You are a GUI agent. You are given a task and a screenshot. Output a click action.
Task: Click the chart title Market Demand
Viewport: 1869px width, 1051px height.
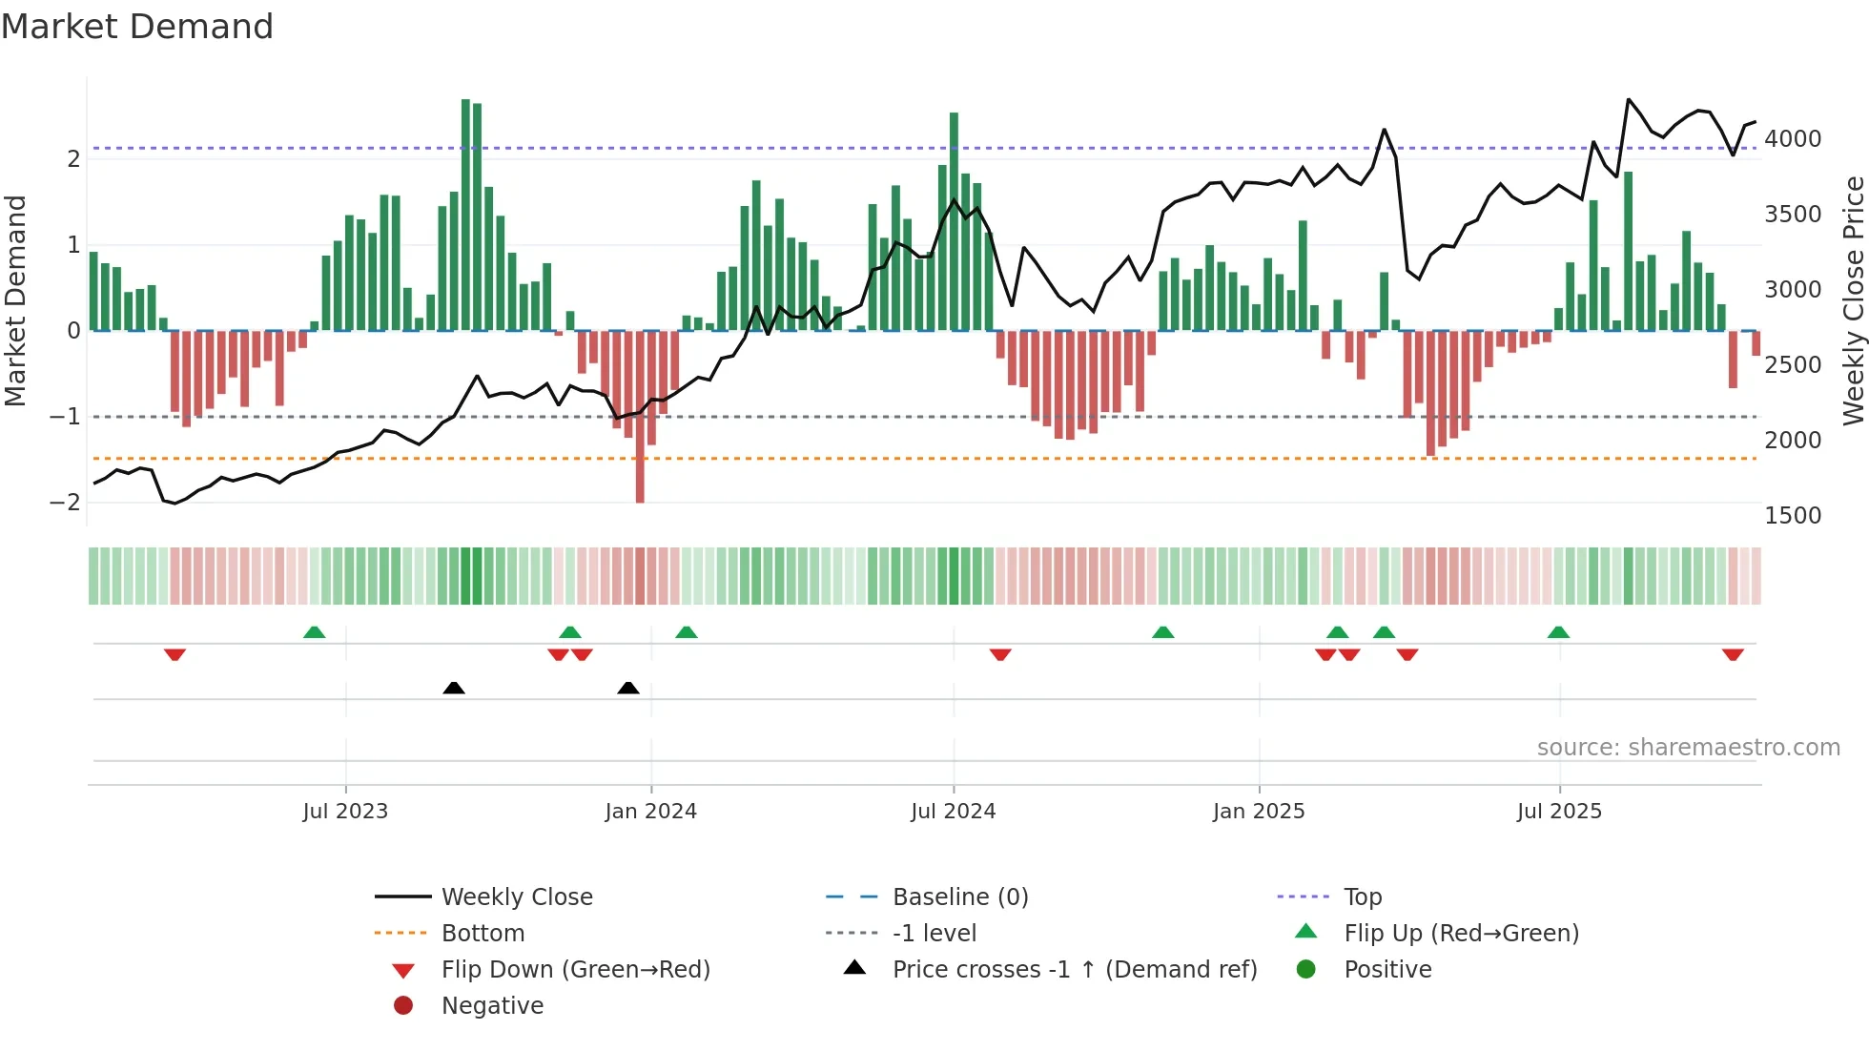[x=137, y=27]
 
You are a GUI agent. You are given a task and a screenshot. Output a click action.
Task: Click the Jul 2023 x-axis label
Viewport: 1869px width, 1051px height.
[x=345, y=812]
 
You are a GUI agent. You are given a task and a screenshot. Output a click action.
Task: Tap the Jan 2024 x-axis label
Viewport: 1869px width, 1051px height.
[x=650, y=812]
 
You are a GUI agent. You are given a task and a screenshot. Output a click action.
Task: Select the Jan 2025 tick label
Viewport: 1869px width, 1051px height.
[x=1259, y=812]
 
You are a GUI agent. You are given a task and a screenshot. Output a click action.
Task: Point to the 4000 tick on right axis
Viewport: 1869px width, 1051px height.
[x=1793, y=139]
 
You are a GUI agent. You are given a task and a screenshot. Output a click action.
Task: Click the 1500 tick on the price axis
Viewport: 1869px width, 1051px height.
[x=1793, y=516]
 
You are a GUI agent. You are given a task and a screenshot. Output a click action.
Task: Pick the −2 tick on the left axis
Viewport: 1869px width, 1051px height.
[x=65, y=503]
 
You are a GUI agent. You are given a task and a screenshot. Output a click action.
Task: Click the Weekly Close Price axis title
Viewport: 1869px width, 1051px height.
[x=1853, y=300]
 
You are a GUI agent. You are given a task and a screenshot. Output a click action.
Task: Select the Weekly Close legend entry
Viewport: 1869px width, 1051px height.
[x=516, y=897]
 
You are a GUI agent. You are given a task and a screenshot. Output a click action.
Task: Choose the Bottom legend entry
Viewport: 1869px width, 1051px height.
[x=483, y=934]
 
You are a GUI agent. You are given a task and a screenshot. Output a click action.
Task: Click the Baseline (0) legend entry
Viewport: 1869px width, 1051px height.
[x=959, y=897]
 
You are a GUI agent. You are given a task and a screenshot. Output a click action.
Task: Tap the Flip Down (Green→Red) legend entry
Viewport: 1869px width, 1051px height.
[x=575, y=970]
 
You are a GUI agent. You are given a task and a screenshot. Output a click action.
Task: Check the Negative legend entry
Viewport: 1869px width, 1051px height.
[x=492, y=1006]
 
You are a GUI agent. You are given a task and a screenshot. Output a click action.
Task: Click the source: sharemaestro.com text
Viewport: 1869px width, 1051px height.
[x=1688, y=748]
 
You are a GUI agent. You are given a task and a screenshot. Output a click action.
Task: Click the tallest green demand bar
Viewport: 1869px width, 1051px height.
[x=465, y=215]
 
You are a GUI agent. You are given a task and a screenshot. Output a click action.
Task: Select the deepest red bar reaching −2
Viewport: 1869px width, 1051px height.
[x=640, y=417]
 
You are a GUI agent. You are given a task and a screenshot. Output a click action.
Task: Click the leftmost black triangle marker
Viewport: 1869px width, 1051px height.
[x=454, y=688]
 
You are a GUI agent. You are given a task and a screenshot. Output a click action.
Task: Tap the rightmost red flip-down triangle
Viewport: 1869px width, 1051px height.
[x=1733, y=654]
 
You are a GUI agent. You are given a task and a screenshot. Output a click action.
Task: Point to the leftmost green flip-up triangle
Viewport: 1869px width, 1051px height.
[x=314, y=632]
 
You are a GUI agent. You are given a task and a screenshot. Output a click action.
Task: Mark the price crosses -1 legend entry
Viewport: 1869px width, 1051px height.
[x=1074, y=970]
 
